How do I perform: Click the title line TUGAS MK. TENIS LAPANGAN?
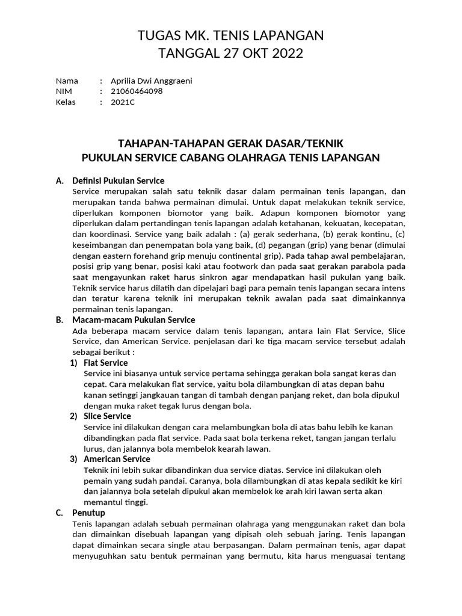point(230,36)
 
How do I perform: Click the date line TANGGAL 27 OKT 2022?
point(230,54)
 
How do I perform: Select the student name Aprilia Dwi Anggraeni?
point(152,81)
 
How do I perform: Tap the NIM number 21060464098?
point(137,91)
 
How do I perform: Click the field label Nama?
point(67,81)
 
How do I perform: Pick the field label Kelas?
point(66,102)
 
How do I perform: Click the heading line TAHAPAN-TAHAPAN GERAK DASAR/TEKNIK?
point(230,143)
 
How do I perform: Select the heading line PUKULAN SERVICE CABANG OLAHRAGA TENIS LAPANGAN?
point(230,158)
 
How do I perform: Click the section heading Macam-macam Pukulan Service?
point(134,320)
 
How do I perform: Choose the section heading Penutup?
point(88,513)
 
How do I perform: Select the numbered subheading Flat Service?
point(106,363)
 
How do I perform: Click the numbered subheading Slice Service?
point(108,416)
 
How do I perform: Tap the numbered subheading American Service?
point(117,459)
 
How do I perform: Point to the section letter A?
point(59,180)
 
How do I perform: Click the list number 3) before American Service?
point(73,459)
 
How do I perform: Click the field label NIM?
point(64,91)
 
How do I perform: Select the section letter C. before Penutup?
point(59,513)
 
